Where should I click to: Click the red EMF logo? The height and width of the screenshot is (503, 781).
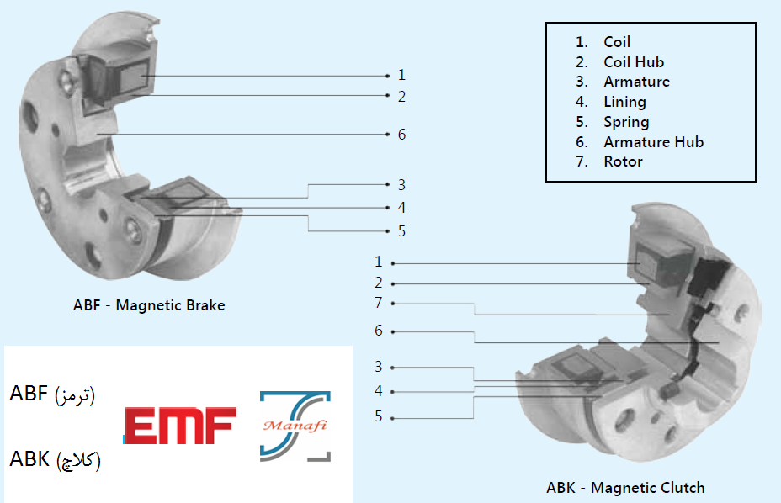180,426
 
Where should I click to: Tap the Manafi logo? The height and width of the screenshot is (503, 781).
295,426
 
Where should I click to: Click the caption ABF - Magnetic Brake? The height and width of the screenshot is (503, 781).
149,305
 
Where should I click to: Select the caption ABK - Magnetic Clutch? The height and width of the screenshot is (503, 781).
625,487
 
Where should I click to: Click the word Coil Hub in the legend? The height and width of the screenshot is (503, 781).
634,61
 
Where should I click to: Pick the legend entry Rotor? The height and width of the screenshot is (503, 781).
623,161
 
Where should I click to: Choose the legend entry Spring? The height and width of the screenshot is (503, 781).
626,122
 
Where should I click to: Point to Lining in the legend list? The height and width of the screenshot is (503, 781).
624,102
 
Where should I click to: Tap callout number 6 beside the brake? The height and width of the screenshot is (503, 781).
402,135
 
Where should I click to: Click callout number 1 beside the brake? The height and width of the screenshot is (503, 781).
402,75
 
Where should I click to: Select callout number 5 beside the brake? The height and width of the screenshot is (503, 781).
402,231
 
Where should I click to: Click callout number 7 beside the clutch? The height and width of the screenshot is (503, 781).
379,303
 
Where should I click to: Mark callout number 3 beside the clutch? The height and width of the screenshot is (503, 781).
379,368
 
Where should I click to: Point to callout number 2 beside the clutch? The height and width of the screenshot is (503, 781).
379,283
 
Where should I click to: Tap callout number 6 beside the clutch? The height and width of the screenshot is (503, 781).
379,331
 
